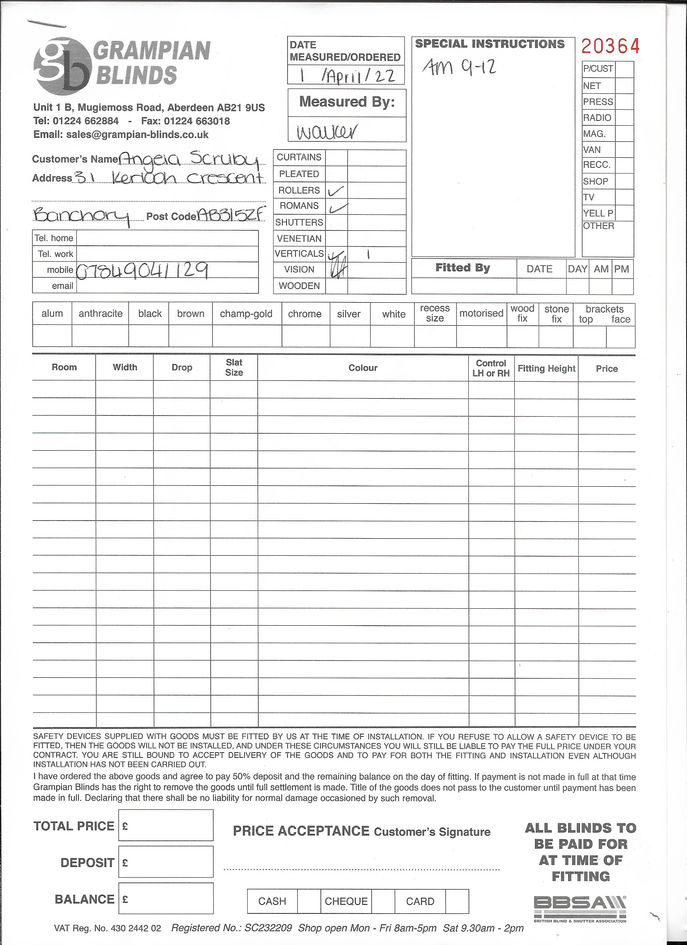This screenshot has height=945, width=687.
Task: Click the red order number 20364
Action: [x=610, y=46]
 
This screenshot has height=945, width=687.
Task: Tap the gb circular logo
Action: [x=62, y=66]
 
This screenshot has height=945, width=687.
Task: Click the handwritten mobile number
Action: [x=143, y=270]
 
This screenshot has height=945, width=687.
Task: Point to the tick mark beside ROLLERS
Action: [x=336, y=191]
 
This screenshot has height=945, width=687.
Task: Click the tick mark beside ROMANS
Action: [x=338, y=207]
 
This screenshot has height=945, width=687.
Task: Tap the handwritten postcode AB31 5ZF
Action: [x=231, y=215]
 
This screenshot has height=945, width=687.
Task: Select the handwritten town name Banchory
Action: [x=82, y=216]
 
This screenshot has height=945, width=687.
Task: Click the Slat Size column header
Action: [x=234, y=367]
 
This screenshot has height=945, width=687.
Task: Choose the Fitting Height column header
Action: [x=546, y=368]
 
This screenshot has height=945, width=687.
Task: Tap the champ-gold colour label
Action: [x=246, y=314]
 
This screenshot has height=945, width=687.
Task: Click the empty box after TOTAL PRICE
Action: [x=166, y=825]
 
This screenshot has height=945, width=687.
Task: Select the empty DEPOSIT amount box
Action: [x=166, y=862]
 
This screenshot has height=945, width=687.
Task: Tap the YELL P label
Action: [x=598, y=213]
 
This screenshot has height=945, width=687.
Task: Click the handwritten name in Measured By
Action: [x=327, y=132]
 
